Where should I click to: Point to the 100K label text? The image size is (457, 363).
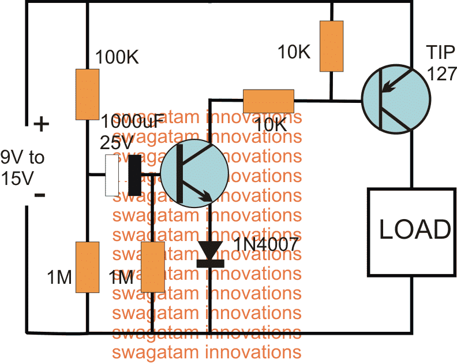coord(117,57)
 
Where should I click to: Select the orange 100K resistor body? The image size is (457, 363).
coord(88,94)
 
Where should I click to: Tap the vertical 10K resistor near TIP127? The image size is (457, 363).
coord(331,46)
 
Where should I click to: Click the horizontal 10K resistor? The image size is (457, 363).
coord(268,101)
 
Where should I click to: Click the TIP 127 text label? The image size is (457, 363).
coord(441,62)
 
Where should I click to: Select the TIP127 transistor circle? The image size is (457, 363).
coord(396,99)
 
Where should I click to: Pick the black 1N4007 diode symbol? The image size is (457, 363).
coord(210,254)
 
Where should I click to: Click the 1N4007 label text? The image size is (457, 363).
coord(266,244)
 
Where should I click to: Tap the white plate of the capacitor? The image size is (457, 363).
coord(112,175)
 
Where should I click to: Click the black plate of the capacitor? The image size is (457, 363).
coord(135,175)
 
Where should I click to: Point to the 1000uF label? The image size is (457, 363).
coord(130,121)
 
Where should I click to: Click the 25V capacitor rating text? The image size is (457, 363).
coord(117,143)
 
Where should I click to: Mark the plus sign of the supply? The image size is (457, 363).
coord(42,124)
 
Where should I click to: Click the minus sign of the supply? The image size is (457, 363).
coord(40,195)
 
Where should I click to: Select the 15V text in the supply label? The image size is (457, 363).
coord(17,178)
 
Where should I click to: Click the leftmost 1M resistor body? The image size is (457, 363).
coord(88,267)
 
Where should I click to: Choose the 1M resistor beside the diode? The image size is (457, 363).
coord(153,267)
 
